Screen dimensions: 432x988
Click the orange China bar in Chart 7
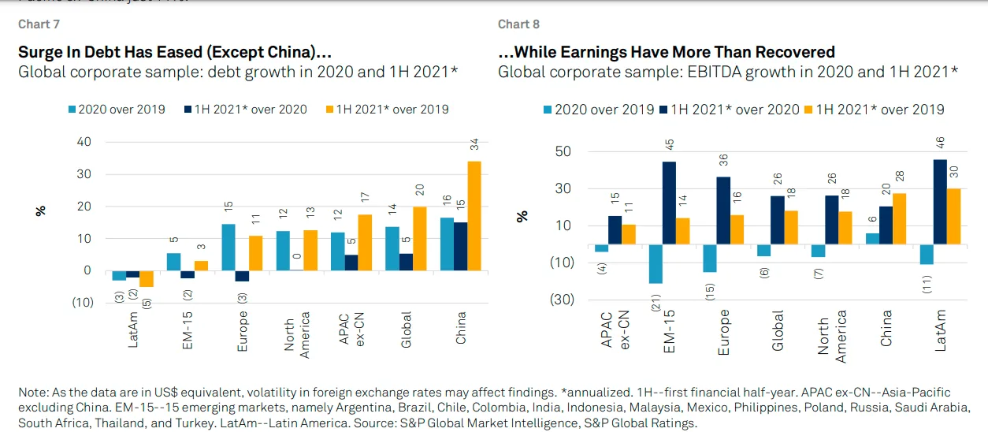(x=474, y=215)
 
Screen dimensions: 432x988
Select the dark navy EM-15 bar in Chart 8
(x=669, y=201)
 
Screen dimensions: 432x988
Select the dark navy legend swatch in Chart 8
(x=663, y=110)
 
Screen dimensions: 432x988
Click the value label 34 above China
(x=474, y=146)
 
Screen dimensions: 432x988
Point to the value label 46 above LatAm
(x=939, y=143)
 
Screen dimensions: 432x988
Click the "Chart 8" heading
(x=518, y=24)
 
